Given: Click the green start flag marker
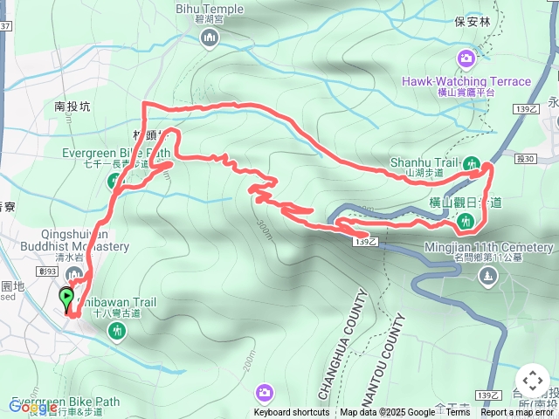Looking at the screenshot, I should coord(66,299).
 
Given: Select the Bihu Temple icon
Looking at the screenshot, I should coord(209,38).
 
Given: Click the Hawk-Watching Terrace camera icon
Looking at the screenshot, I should coord(466,58).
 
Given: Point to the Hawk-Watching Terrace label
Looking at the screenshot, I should coord(466,81).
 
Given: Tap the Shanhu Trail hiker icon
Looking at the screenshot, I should coord(473,163).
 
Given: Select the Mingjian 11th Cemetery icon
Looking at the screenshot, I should coord(487,277).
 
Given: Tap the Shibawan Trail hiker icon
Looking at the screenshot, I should coord(117,330).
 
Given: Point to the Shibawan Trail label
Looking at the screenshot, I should coord(116,303).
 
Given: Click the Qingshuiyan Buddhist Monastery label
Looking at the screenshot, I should coord(85,241).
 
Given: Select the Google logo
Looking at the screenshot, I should coord(32,407).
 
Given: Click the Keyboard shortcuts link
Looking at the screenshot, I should coord(292,413).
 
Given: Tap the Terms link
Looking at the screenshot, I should coord(459,413).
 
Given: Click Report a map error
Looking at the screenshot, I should coord(518,413).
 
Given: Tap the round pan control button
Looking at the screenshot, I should coord(532,381).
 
